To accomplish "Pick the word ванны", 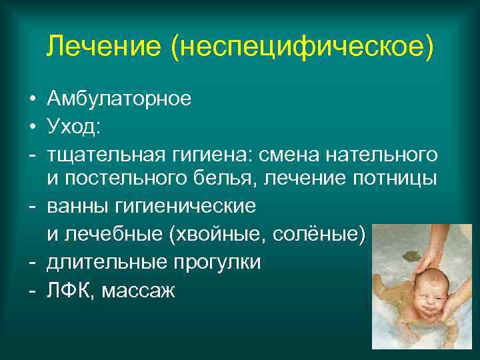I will click(x=75, y=206).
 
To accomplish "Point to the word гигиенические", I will click(x=181, y=206).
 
